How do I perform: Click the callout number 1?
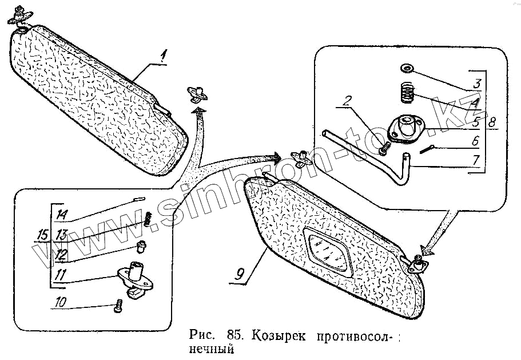click(163, 56)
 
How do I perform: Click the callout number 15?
click(41, 235)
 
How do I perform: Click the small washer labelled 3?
click(407, 69)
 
